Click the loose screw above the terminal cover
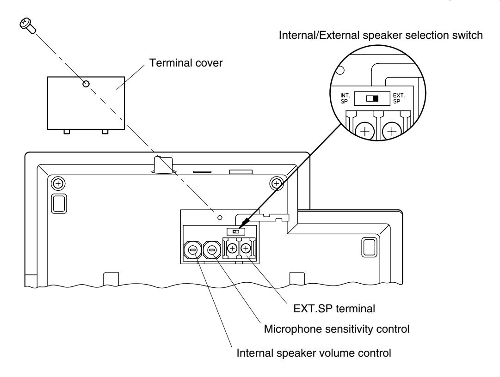(x=27, y=25)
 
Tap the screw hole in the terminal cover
(x=86, y=84)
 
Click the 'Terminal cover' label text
(x=185, y=63)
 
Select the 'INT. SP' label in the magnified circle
(x=345, y=98)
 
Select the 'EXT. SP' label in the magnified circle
(x=399, y=98)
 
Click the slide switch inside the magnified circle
(x=372, y=98)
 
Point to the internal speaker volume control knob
(x=192, y=250)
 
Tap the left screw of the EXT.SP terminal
(x=233, y=248)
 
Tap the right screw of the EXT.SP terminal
(x=246, y=248)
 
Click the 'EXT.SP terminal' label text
(x=334, y=309)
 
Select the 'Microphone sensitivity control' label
(x=336, y=329)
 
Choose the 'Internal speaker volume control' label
(x=314, y=353)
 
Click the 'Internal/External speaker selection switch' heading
(x=381, y=35)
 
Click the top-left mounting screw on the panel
(x=58, y=183)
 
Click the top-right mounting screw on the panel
(x=277, y=183)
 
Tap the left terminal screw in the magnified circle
(x=365, y=131)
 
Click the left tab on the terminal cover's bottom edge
(x=67, y=132)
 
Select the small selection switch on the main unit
(x=236, y=231)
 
